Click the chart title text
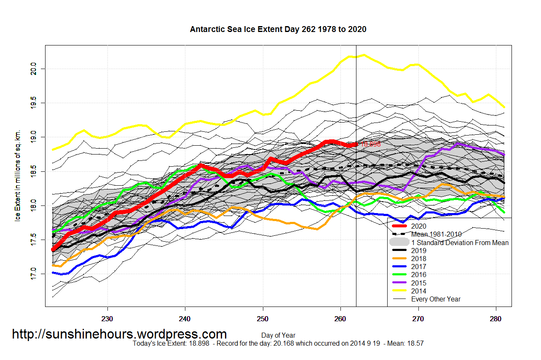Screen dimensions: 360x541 (x=278, y=29)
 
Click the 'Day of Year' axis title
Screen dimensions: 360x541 (x=278, y=336)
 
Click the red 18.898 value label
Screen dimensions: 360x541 (x=370, y=144)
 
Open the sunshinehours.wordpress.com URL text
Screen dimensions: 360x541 (x=119, y=334)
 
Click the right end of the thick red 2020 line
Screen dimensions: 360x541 (x=356, y=144)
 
